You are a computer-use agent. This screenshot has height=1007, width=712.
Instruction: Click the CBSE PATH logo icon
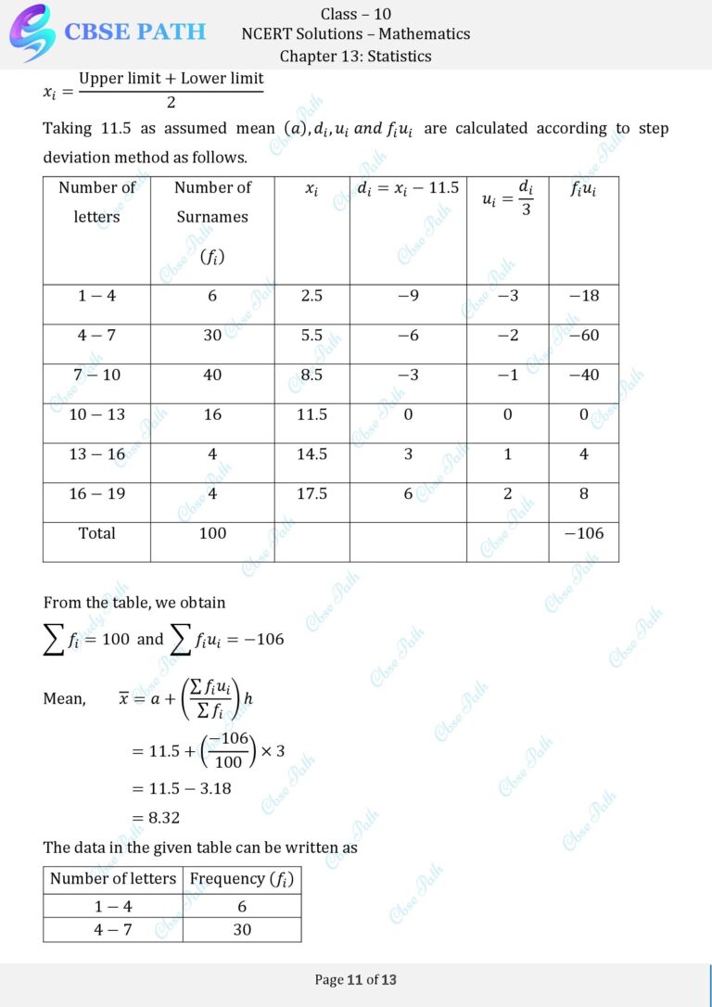pyautogui.click(x=32, y=32)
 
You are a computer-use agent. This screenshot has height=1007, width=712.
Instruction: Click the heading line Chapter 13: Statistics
pyautogui.click(x=355, y=56)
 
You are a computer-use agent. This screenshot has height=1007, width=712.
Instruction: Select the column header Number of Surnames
pyautogui.click(x=212, y=202)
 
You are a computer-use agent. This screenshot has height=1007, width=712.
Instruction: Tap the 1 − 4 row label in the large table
pyautogui.click(x=96, y=296)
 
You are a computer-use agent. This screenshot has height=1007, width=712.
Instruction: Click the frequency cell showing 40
pyautogui.click(x=212, y=375)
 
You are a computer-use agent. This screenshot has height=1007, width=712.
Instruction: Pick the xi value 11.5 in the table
pyautogui.click(x=311, y=414)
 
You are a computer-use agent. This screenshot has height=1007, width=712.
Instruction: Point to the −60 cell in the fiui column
pyautogui.click(x=584, y=335)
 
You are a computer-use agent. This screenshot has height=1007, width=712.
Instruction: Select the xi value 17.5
pyautogui.click(x=311, y=493)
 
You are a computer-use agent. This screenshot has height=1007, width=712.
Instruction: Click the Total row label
pyautogui.click(x=96, y=533)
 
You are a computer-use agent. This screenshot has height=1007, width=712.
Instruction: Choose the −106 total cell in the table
pyautogui.click(x=583, y=533)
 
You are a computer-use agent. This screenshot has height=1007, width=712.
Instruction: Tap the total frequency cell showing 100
pyautogui.click(x=212, y=533)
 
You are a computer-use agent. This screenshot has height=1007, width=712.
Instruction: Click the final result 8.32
pyautogui.click(x=163, y=818)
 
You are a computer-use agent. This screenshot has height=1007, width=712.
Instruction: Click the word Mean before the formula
pyautogui.click(x=64, y=699)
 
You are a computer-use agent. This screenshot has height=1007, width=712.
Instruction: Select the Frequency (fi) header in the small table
pyautogui.click(x=241, y=879)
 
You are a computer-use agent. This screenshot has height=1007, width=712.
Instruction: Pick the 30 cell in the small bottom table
pyautogui.click(x=242, y=929)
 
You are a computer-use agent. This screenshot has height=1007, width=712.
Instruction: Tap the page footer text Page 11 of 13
pyautogui.click(x=356, y=979)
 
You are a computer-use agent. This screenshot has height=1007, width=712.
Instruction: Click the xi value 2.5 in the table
pyautogui.click(x=311, y=296)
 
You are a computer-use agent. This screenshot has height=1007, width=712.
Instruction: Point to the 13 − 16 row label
pyautogui.click(x=96, y=454)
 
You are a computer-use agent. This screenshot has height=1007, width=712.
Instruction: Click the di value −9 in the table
pyautogui.click(x=408, y=296)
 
